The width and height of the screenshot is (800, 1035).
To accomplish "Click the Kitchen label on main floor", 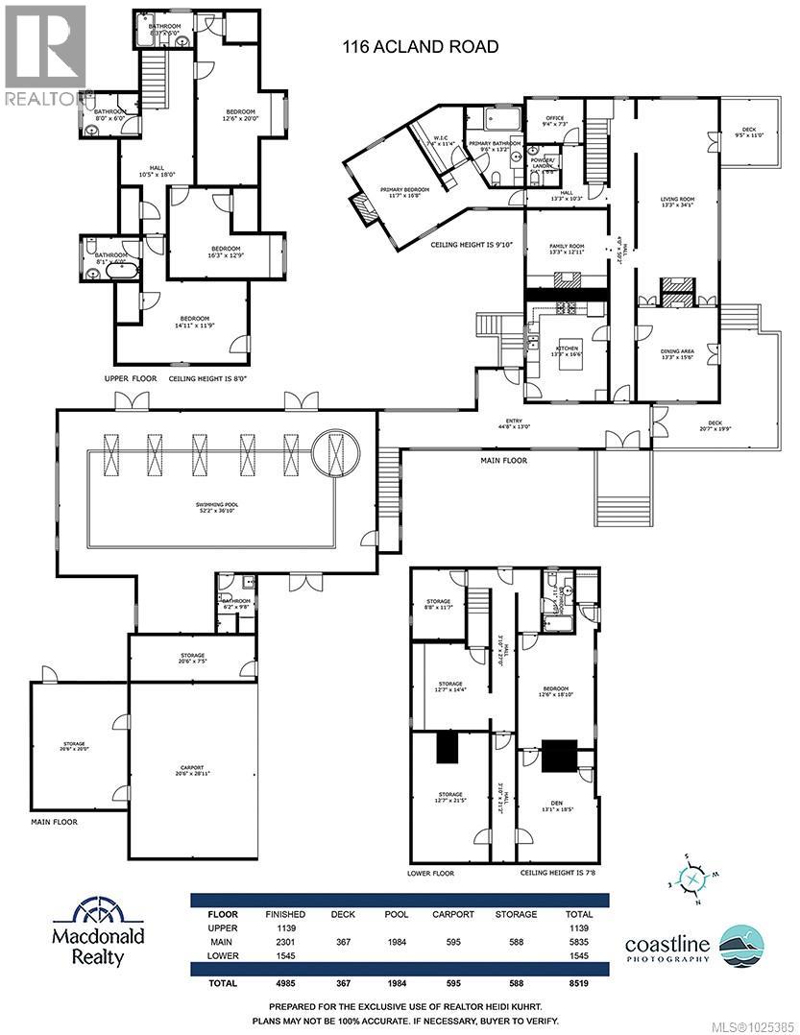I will click(565, 349).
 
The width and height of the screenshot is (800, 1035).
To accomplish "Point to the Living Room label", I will click(677, 203).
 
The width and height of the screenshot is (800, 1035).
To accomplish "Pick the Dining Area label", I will click(677, 353).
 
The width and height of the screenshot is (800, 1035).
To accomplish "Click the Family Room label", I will click(567, 249).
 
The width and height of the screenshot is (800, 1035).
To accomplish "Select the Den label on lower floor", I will click(557, 806).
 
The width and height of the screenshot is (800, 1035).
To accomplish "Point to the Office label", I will click(555, 121).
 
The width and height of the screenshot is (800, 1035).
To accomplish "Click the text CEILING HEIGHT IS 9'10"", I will click(473, 246).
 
